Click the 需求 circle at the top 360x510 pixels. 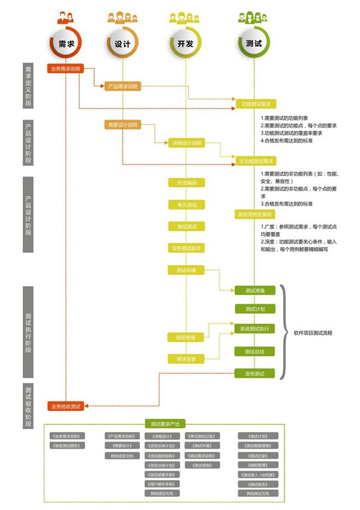click(x=67, y=44)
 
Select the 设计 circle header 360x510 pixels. click(x=123, y=44)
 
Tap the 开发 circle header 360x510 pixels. click(x=186, y=44)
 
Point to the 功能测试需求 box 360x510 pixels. click(x=256, y=104)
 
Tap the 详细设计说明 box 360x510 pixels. click(x=187, y=143)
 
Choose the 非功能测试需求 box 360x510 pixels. click(x=256, y=161)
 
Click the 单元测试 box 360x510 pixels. click(x=187, y=205)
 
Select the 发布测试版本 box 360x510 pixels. click(x=187, y=248)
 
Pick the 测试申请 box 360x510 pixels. click(x=187, y=270)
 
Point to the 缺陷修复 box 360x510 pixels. click(x=187, y=338)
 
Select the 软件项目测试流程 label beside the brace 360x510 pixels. click(x=313, y=332)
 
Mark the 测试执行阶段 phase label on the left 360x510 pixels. click(x=29, y=332)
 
